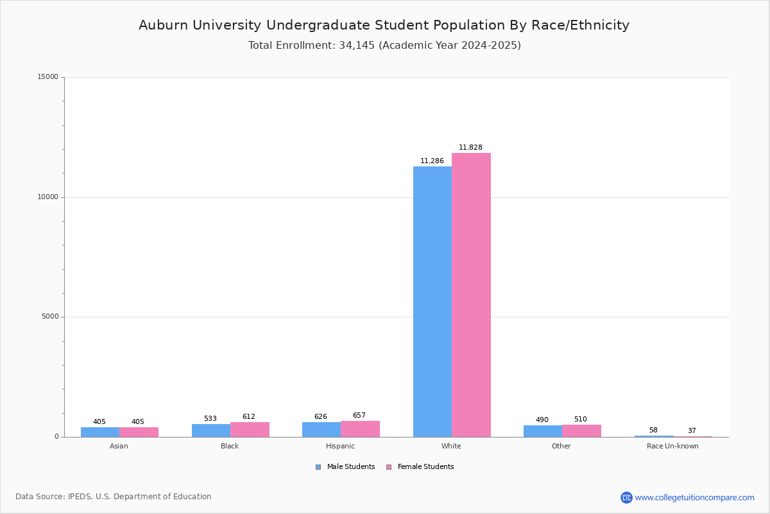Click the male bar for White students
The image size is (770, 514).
click(432, 302)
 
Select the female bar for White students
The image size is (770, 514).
click(471, 295)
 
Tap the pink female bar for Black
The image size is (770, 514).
click(250, 429)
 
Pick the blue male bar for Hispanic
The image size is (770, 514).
click(321, 429)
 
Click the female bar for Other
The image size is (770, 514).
click(581, 430)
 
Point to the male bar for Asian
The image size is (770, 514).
click(100, 432)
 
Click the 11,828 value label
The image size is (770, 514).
click(470, 148)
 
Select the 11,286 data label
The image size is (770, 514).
click(432, 161)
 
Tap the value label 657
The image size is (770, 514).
click(359, 416)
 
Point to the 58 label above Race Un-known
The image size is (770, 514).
click(653, 430)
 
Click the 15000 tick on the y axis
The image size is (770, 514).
click(47, 77)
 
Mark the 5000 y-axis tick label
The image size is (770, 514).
click(49, 317)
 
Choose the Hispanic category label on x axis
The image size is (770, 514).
click(340, 447)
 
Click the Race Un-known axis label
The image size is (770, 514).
click(672, 447)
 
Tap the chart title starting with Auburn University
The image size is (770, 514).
click(384, 26)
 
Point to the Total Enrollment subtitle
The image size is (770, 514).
click(384, 46)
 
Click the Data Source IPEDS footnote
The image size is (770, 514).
click(114, 497)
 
